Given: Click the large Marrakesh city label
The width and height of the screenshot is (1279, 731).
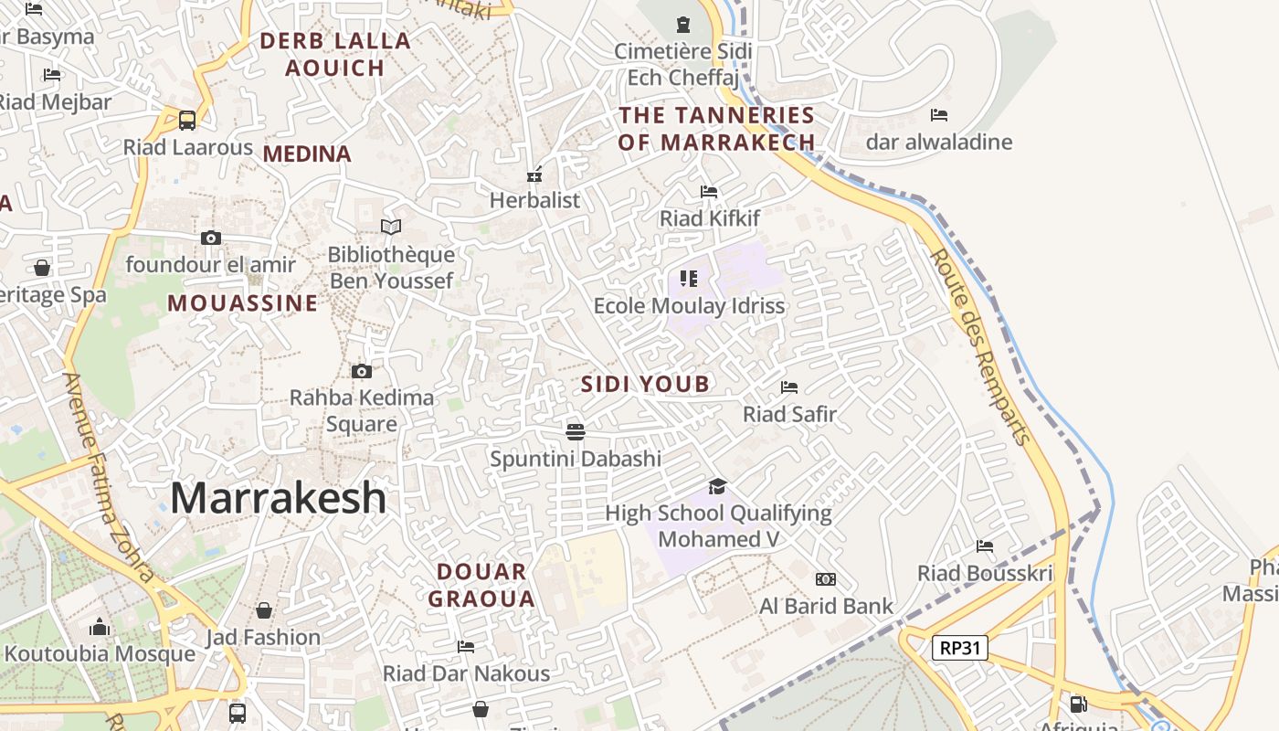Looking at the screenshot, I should coord(279,498).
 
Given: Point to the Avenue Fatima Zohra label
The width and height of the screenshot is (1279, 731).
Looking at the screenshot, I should coord(108,475).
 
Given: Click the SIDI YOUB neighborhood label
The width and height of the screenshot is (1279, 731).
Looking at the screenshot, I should coord(645,385).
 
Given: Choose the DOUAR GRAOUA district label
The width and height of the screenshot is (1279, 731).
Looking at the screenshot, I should coord(481,586).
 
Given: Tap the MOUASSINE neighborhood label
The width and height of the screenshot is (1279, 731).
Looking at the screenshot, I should coord(243,303).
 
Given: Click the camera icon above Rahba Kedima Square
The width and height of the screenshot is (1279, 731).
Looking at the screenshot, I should coord(362,371).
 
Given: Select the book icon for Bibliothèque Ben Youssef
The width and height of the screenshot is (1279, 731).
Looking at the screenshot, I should coord(391,227).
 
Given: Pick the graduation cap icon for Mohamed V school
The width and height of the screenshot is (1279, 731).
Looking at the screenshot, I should coord(718,486).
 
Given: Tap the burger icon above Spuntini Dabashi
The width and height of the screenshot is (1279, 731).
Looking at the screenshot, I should coord(575,430).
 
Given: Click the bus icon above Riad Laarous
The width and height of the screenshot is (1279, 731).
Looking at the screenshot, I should coord(187,120).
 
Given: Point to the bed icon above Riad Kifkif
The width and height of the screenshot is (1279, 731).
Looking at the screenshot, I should coord(709,191).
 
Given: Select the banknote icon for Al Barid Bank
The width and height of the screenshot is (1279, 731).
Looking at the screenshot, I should coord(826,578).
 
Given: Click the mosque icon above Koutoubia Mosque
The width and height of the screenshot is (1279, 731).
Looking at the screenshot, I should coord(100,627).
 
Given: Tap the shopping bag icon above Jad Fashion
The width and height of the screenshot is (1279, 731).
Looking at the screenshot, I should coord(264,609).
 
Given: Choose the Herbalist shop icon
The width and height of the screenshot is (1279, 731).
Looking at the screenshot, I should coord(535,174).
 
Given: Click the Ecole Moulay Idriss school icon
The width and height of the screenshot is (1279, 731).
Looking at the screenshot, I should coord(689,278).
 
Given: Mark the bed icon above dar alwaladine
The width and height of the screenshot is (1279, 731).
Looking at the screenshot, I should coord(939,114).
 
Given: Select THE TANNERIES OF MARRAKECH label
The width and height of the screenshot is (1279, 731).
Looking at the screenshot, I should coord(716,129).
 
